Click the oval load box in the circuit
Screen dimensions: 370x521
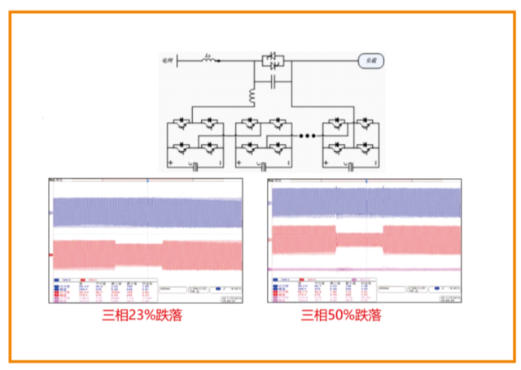click(x=372, y=60)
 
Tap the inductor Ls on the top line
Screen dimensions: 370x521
click(x=208, y=60)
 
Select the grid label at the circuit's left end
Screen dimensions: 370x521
click(x=169, y=60)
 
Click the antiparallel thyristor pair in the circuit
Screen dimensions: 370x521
click(x=274, y=61)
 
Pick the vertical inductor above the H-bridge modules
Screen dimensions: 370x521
click(x=252, y=98)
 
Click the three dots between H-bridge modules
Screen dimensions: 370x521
click(x=309, y=136)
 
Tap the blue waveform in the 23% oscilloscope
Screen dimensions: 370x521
click(x=147, y=213)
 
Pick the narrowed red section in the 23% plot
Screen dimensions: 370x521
click(x=138, y=255)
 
